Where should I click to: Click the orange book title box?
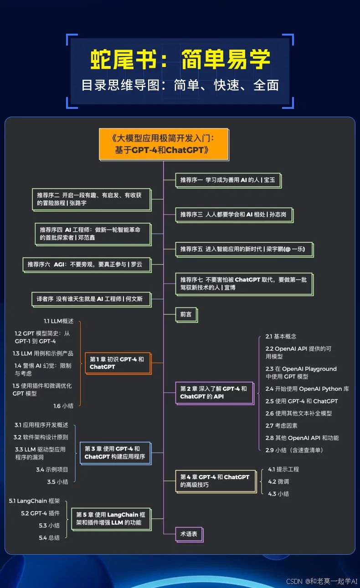tap(164, 144)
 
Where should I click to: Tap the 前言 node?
tap(186, 314)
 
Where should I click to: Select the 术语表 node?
tap(189, 534)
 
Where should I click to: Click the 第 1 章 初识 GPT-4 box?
tap(118, 363)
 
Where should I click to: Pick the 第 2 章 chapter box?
tap(214, 392)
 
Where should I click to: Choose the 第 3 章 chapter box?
tap(115, 453)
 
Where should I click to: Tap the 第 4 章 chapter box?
tap(215, 481)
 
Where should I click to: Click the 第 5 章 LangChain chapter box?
tap(111, 519)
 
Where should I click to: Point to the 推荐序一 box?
tap(228, 180)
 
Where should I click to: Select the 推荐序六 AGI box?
tap(87, 264)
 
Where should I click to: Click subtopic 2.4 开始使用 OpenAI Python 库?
tap(307, 389)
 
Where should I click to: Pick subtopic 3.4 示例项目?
tap(52, 469)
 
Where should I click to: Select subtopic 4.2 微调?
tap(278, 481)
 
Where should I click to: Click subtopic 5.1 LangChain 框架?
tap(34, 501)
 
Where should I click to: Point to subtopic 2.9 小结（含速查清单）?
tap(294, 450)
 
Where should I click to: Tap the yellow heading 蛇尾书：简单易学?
tap(180, 59)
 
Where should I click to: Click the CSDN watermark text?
tap(322, 581)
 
